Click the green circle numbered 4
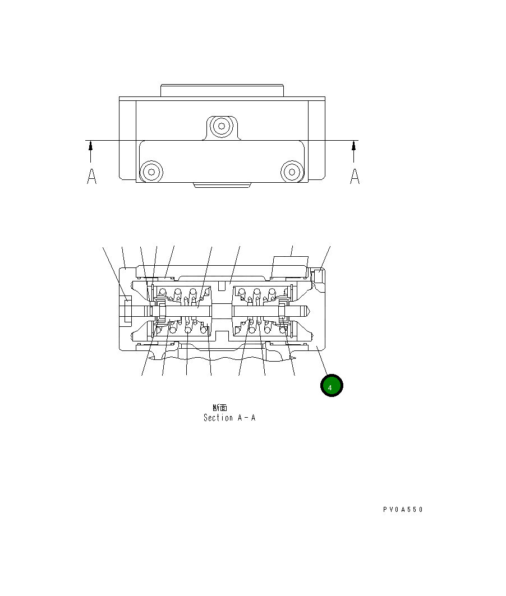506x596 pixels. (x=331, y=386)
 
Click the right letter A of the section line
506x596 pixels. (x=355, y=176)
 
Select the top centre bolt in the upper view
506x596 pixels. (x=222, y=126)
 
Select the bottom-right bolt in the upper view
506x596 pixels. (x=292, y=171)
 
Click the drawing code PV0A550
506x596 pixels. (x=403, y=510)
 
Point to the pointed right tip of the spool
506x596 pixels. (x=310, y=309)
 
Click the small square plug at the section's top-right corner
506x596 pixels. (x=318, y=276)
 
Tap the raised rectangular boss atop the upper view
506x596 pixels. (x=222, y=90)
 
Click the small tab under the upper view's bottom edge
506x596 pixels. (x=222, y=184)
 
